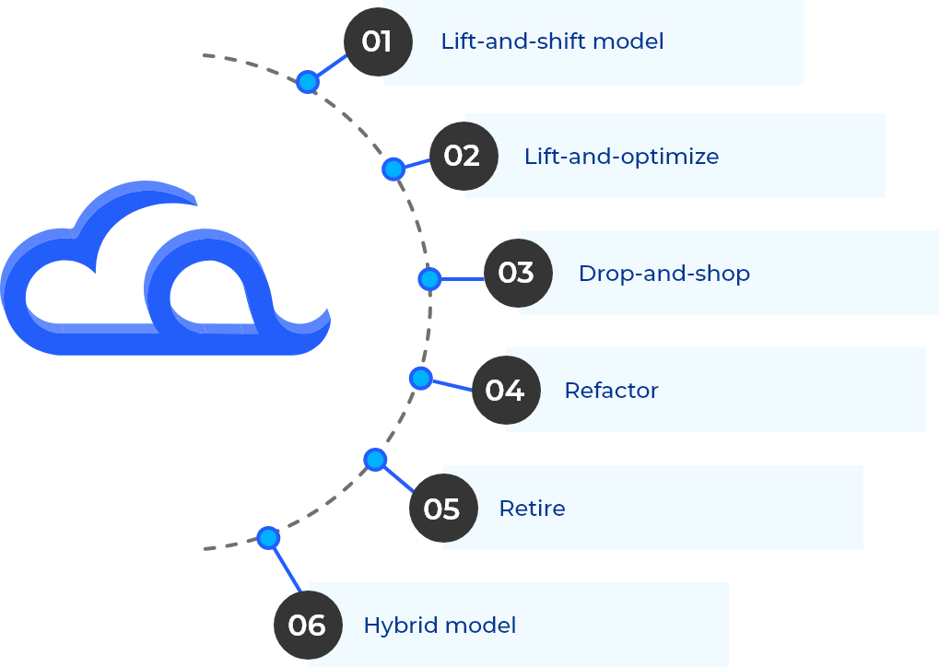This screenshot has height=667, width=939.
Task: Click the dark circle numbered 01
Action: click(x=377, y=42)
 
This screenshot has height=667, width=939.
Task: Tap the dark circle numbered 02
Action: click(x=463, y=156)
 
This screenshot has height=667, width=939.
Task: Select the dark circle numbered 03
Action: click(x=517, y=273)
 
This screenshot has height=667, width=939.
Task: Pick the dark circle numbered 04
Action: click(x=505, y=391)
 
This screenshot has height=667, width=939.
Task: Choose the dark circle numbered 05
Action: click(x=442, y=509)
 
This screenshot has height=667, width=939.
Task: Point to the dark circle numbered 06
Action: click(x=308, y=626)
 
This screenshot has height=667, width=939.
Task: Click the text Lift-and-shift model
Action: click(x=552, y=42)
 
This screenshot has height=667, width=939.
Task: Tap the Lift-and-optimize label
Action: click(x=621, y=157)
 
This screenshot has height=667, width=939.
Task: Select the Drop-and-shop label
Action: click(x=663, y=274)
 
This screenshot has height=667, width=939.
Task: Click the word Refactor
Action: click(x=611, y=391)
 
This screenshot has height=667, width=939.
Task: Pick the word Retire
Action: click(x=532, y=509)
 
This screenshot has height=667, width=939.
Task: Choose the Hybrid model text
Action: click(x=440, y=626)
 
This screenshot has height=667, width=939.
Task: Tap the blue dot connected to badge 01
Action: click(x=308, y=82)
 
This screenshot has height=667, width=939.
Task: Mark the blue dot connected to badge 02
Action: click(x=393, y=170)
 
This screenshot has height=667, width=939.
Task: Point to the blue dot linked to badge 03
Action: click(x=428, y=279)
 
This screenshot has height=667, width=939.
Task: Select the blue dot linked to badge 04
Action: click(x=420, y=378)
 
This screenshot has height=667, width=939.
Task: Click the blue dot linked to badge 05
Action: click(x=374, y=459)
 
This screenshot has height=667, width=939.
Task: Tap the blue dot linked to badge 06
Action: click(x=268, y=538)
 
